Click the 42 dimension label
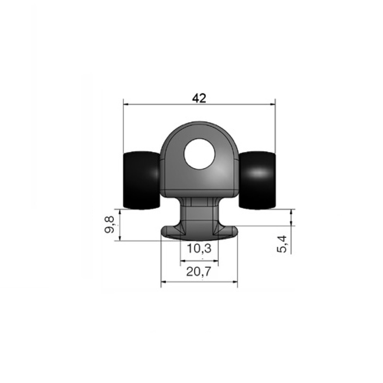[199, 98]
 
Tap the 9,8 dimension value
[110, 224]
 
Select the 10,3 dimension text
[199, 249]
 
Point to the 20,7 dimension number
[198, 272]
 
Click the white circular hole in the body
[199, 154]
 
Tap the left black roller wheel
[141, 180]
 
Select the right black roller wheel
[257, 180]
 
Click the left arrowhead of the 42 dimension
[126, 105]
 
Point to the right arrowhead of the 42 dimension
[272, 105]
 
